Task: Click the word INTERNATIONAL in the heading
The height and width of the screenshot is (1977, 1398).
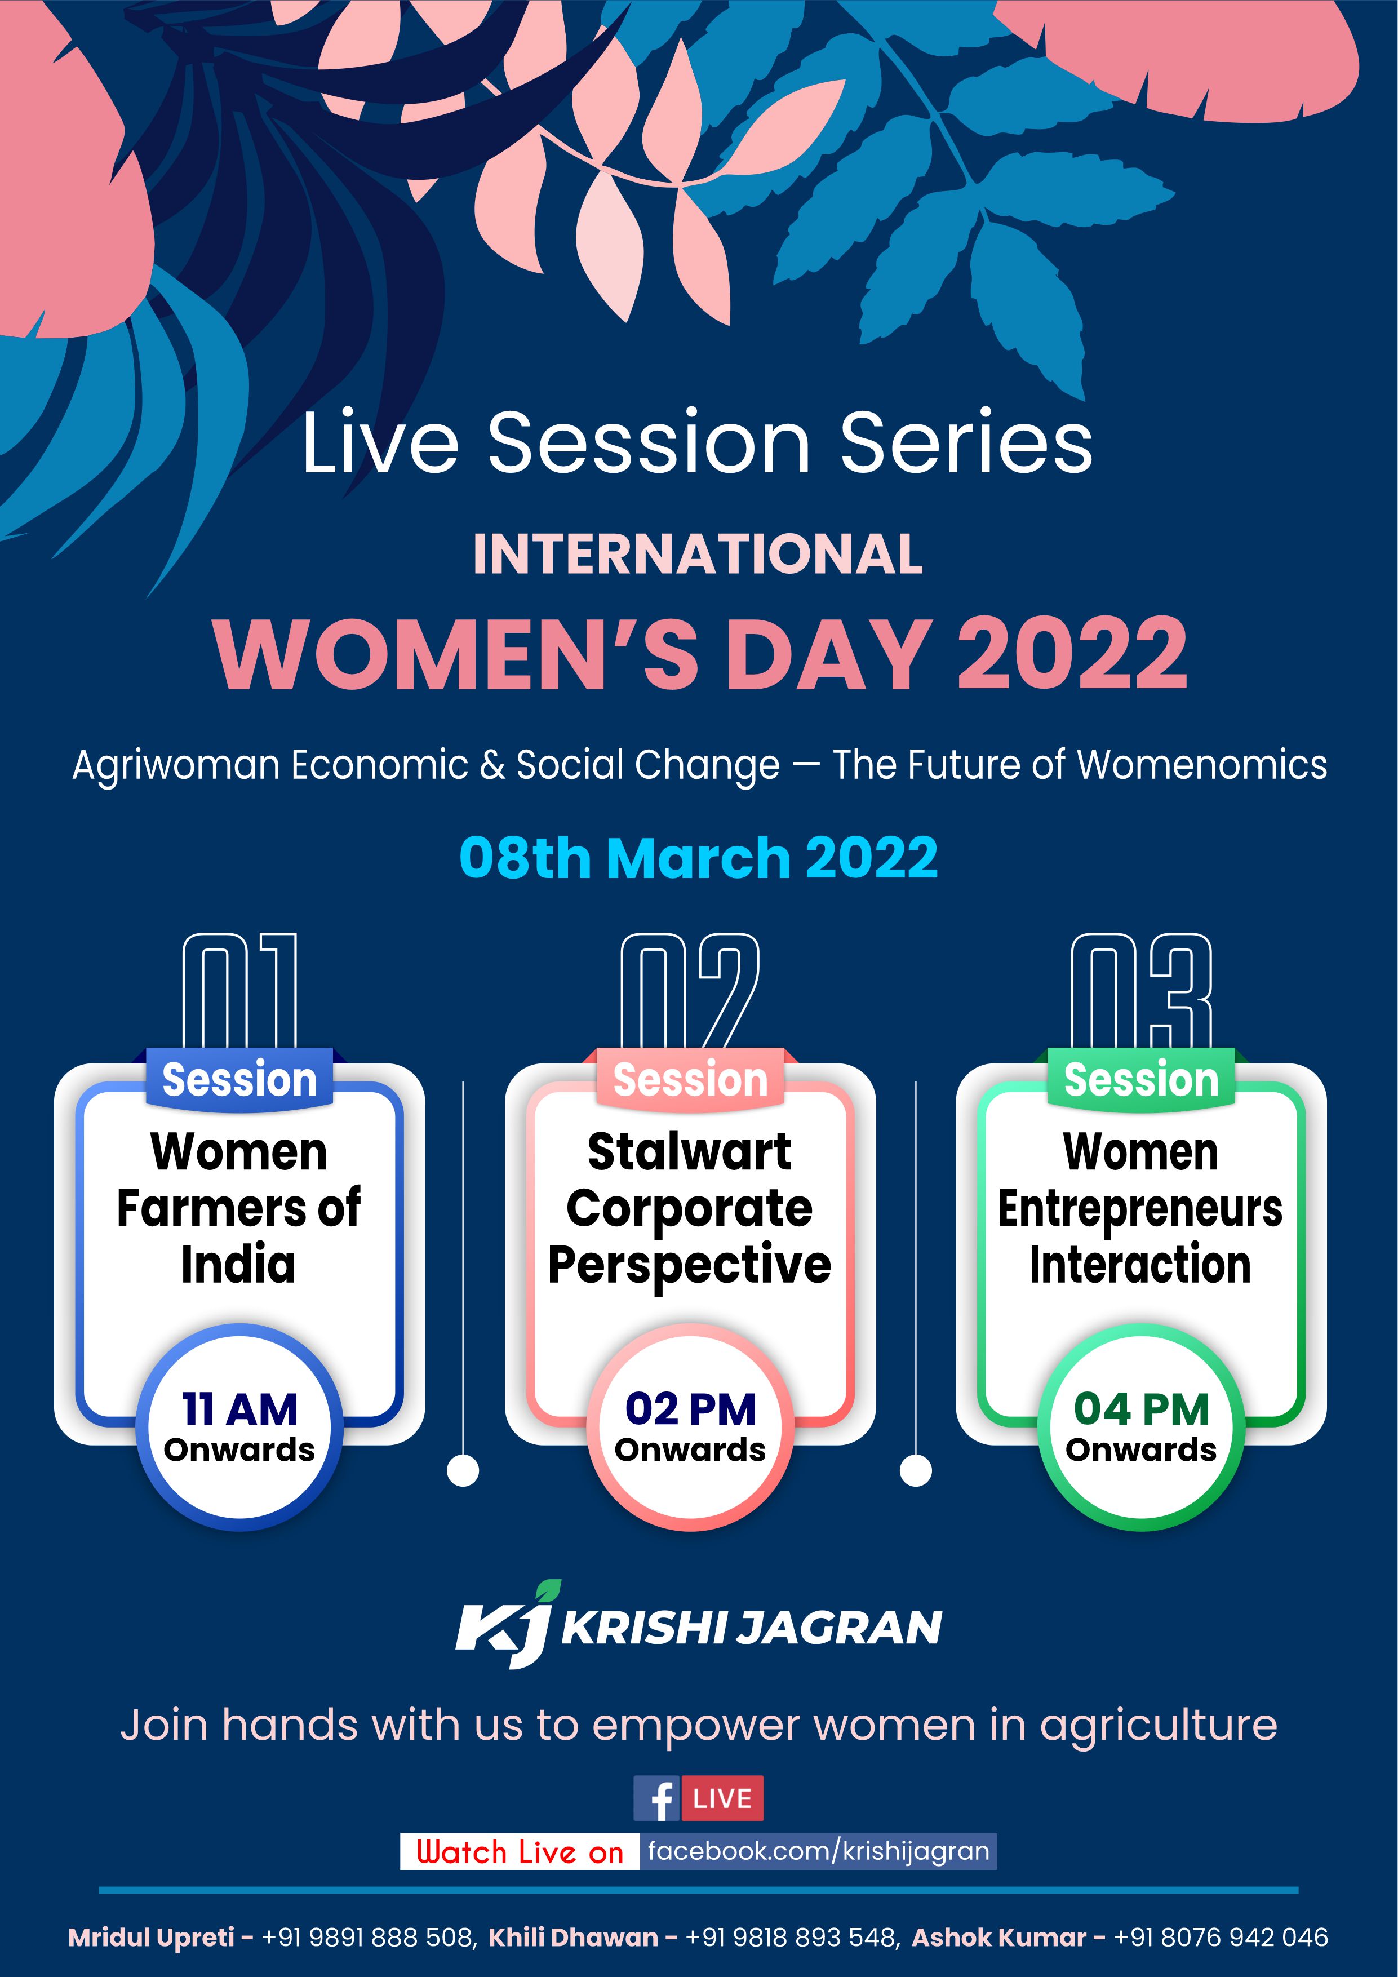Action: coord(698,553)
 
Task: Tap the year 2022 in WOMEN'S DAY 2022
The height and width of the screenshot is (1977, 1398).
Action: coord(1073,654)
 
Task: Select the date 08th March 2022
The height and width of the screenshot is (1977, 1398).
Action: coord(698,858)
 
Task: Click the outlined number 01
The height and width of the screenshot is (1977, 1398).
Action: coord(239,990)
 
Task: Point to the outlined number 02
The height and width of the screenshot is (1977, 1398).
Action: coord(690,990)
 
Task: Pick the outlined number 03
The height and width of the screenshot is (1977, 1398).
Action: coord(1142,990)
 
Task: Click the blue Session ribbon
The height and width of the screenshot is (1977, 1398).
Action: coord(239,1080)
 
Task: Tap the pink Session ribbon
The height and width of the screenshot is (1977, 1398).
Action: coord(690,1080)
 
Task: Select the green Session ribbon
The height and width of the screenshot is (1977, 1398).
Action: coord(1142,1080)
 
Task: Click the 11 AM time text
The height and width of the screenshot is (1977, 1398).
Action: coord(239,1409)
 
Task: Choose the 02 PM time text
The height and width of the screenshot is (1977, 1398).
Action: coord(690,1409)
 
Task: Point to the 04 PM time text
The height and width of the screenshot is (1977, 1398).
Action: coord(1142,1409)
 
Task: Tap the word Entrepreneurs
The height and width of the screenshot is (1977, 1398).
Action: coord(1140,1210)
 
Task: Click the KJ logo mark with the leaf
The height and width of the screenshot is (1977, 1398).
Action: coord(505,1625)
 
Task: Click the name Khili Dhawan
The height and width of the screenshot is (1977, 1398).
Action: coord(573,1938)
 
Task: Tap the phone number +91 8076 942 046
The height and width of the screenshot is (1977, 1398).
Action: coord(1221,1938)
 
